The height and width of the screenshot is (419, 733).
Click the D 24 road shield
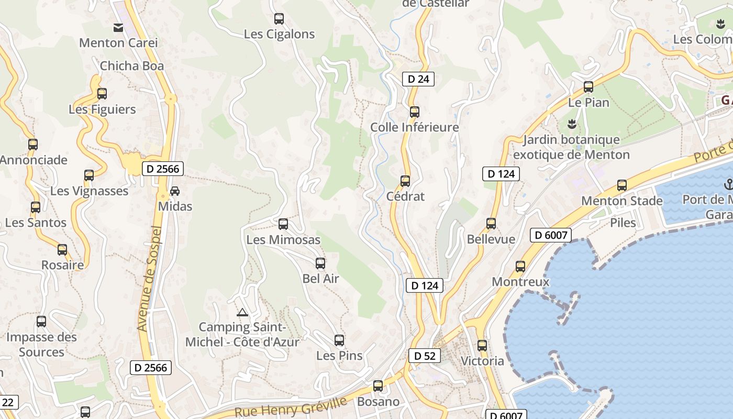(418, 79)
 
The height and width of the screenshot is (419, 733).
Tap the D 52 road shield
(424, 356)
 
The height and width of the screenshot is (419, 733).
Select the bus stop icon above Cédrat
(405, 181)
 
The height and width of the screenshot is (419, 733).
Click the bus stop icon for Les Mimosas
(283, 224)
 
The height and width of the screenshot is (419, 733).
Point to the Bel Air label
(320, 279)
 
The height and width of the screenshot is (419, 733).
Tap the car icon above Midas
(175, 191)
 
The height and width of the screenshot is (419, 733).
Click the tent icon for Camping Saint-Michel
(242, 313)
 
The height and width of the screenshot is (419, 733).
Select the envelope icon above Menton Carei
(118, 27)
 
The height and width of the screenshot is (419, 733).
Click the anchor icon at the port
(728, 184)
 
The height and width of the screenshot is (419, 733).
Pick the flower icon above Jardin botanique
(571, 124)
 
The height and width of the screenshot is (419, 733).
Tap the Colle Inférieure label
(414, 127)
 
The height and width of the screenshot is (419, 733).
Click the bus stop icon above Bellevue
(491, 224)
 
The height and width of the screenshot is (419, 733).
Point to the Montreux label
(520, 282)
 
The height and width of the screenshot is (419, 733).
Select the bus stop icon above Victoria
(482, 346)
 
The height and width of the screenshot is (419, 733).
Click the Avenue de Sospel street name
(148, 278)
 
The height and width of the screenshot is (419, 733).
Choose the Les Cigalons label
(279, 35)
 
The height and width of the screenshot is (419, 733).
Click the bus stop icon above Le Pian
(588, 87)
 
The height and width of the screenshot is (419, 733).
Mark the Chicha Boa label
(131, 66)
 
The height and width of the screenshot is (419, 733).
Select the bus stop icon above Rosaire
(62, 250)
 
